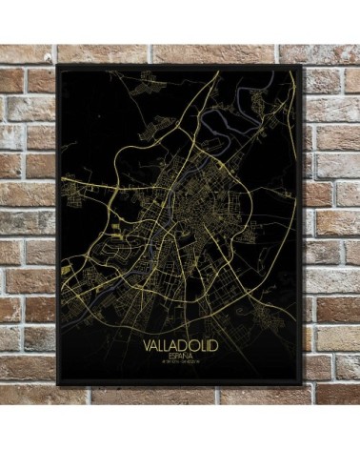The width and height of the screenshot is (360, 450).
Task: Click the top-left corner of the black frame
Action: pyautogui.click(x=58, y=65)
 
